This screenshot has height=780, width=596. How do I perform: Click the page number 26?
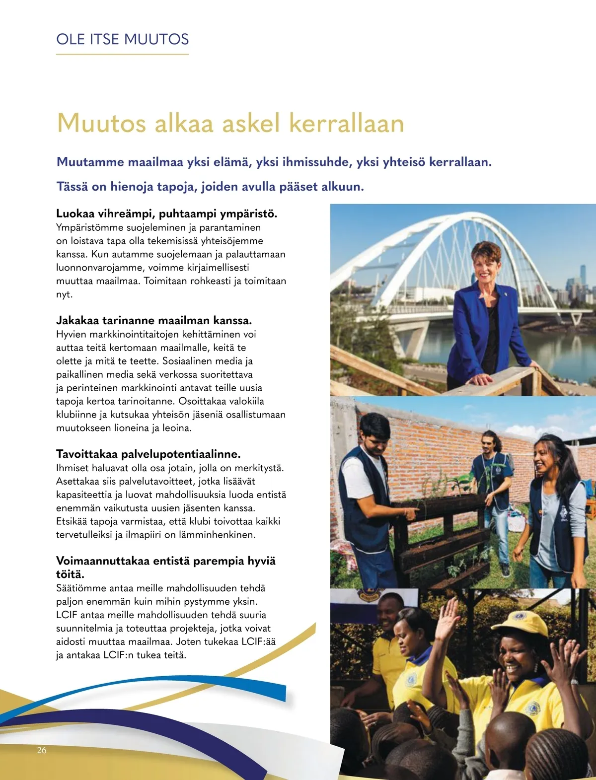[x=42, y=750]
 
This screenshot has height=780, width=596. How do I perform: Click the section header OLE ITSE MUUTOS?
[x=122, y=39]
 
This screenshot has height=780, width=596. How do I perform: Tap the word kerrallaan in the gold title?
[x=346, y=123]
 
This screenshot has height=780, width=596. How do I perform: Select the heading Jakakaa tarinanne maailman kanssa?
[x=154, y=320]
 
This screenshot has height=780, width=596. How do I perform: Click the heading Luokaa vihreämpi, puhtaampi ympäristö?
[x=166, y=213]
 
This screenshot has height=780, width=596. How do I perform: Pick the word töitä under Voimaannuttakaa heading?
[x=70, y=574]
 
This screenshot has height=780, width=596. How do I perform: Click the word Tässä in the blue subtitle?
[x=73, y=187]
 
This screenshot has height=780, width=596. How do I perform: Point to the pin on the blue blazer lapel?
[x=503, y=298]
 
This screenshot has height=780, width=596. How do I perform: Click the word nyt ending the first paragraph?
[x=64, y=294]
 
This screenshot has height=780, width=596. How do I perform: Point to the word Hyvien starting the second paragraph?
[x=71, y=334]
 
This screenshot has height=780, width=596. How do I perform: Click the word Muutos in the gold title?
[x=101, y=123]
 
